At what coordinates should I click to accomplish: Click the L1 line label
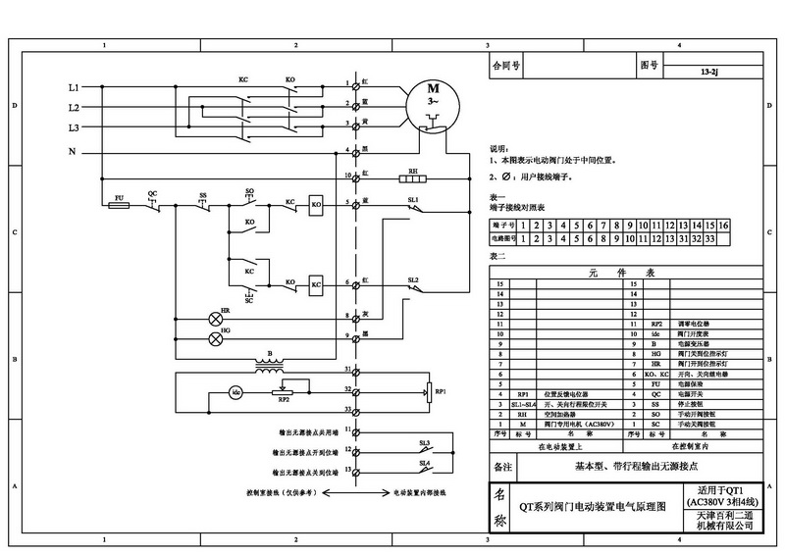73,88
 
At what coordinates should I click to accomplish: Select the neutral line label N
72,151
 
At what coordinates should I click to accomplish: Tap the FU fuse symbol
120,205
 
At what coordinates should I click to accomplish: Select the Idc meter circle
235,392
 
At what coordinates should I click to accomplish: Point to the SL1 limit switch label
413,199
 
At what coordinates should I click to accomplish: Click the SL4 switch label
424,462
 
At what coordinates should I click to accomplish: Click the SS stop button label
203,194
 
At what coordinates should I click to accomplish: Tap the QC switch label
152,194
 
